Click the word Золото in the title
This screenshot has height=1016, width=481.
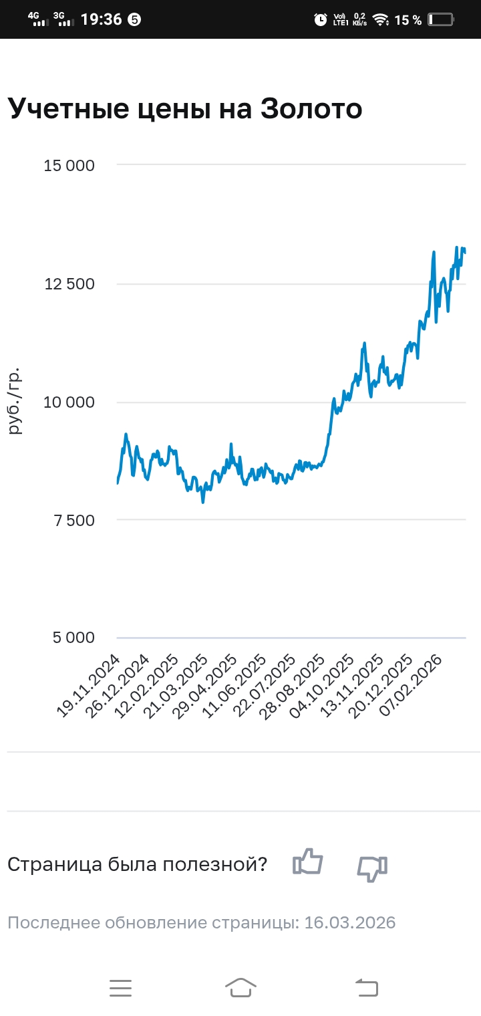(x=311, y=109)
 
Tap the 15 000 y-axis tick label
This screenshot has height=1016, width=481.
(x=69, y=165)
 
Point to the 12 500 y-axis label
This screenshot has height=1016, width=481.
(x=69, y=284)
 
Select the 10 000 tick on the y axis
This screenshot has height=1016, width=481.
(x=69, y=402)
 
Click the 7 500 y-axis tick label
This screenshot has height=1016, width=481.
(x=73, y=520)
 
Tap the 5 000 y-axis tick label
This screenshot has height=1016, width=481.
(x=73, y=638)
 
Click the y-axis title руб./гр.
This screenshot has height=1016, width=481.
(x=15, y=401)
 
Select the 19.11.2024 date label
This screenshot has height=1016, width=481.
(x=89, y=686)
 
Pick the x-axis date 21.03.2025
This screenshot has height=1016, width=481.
(x=178, y=686)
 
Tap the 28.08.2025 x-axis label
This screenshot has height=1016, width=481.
(x=295, y=686)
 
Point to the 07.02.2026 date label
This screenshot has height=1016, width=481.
(x=412, y=686)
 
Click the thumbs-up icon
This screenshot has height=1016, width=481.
(x=307, y=862)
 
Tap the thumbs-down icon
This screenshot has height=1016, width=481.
(x=372, y=868)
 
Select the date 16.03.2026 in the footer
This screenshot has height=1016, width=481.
(x=350, y=923)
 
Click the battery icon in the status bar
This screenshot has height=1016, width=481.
(x=441, y=19)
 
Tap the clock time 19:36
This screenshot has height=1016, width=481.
(x=101, y=19)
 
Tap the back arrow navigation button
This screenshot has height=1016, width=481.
(x=366, y=987)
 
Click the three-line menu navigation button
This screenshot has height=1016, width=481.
(x=121, y=987)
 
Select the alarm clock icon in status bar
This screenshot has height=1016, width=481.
(x=321, y=19)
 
